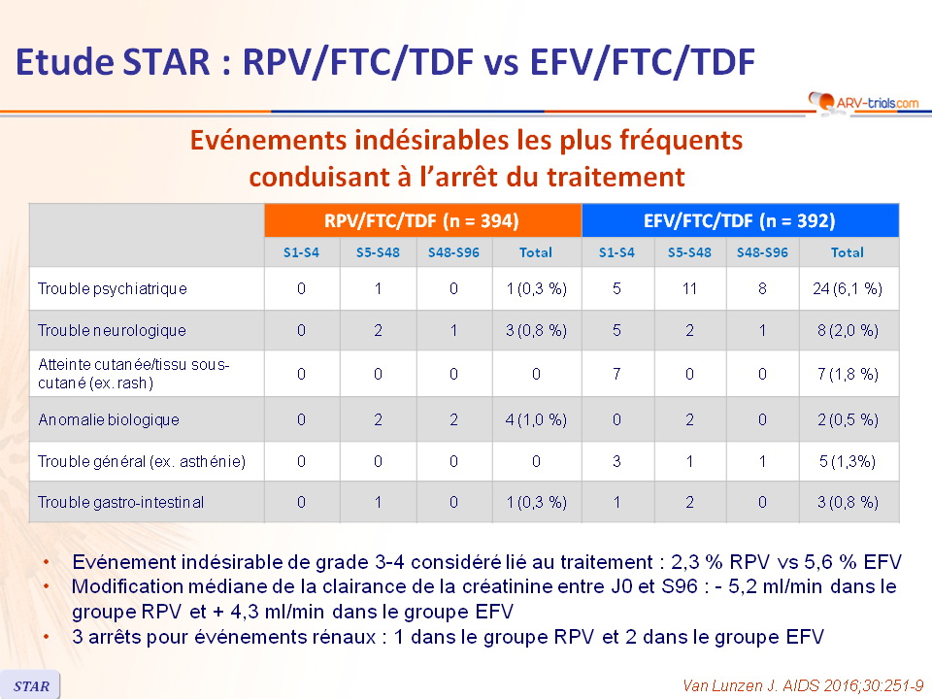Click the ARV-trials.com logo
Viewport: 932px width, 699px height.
864,102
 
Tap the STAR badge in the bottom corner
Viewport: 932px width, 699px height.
30,685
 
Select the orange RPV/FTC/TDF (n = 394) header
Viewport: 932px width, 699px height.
422,220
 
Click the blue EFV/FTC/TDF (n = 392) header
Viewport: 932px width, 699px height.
740,220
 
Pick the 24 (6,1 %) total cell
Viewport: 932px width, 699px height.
848,289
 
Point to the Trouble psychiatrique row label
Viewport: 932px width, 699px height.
113,289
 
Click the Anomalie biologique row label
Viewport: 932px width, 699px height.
109,419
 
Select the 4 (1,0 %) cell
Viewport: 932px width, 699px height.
536,419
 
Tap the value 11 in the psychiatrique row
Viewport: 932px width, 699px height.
689,289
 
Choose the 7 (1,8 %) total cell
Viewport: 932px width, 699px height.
848,374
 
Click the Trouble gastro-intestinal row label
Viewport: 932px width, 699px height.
120,502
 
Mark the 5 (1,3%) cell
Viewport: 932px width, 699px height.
848,461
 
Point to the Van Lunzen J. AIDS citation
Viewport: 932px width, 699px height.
803,685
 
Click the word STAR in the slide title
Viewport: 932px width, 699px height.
166,62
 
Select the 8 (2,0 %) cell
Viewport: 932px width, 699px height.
848,330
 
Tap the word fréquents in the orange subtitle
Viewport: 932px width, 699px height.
682,141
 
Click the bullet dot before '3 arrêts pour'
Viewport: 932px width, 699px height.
47,637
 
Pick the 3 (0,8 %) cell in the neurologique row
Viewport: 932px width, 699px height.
536,330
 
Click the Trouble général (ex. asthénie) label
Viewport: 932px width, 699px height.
142,461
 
